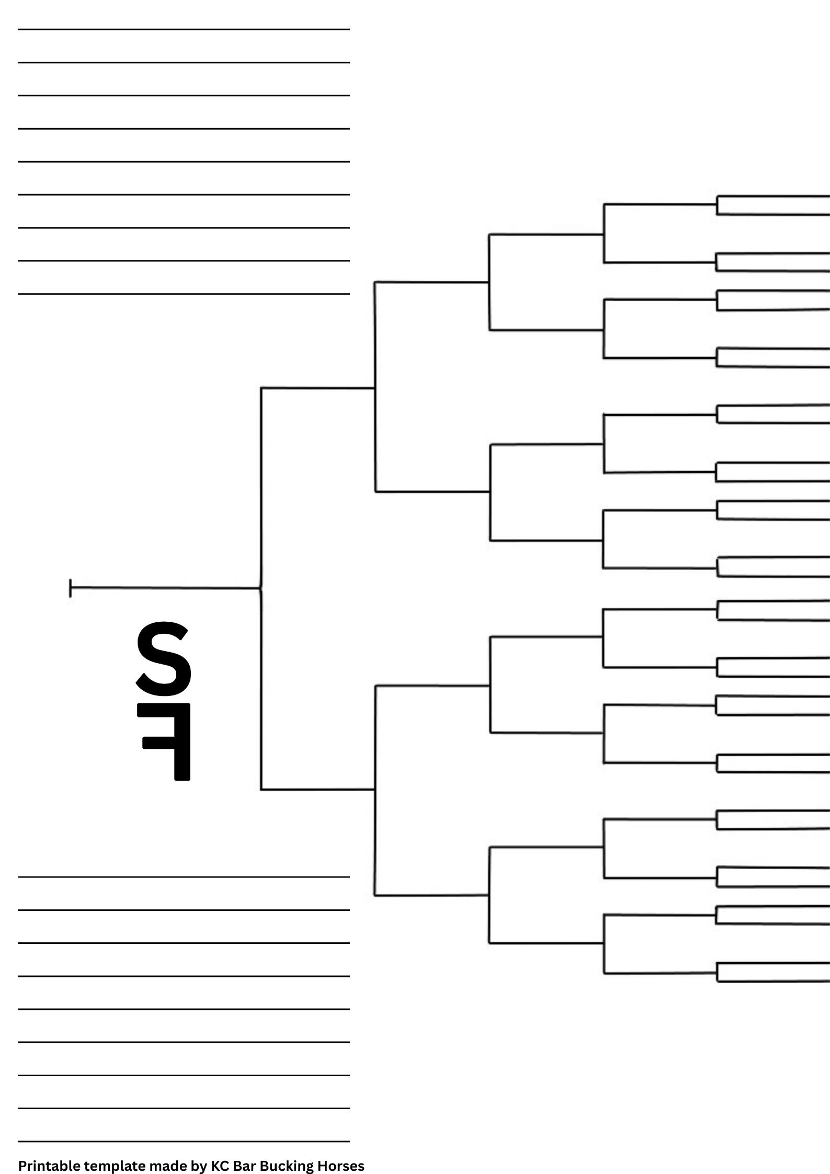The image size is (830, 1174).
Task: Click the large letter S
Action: [163, 658]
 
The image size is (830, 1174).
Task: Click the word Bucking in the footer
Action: [285, 1166]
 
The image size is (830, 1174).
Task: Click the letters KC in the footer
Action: [220, 1166]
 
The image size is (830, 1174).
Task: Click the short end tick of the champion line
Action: [70, 588]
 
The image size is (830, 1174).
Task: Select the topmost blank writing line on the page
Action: [183, 29]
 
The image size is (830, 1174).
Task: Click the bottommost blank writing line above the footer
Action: [183, 1141]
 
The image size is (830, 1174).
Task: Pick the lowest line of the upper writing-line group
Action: [183, 294]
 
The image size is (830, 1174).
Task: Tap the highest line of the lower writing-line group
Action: [183, 877]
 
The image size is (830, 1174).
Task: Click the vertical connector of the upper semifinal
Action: [375, 387]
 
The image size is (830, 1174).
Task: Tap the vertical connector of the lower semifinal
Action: [375, 790]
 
